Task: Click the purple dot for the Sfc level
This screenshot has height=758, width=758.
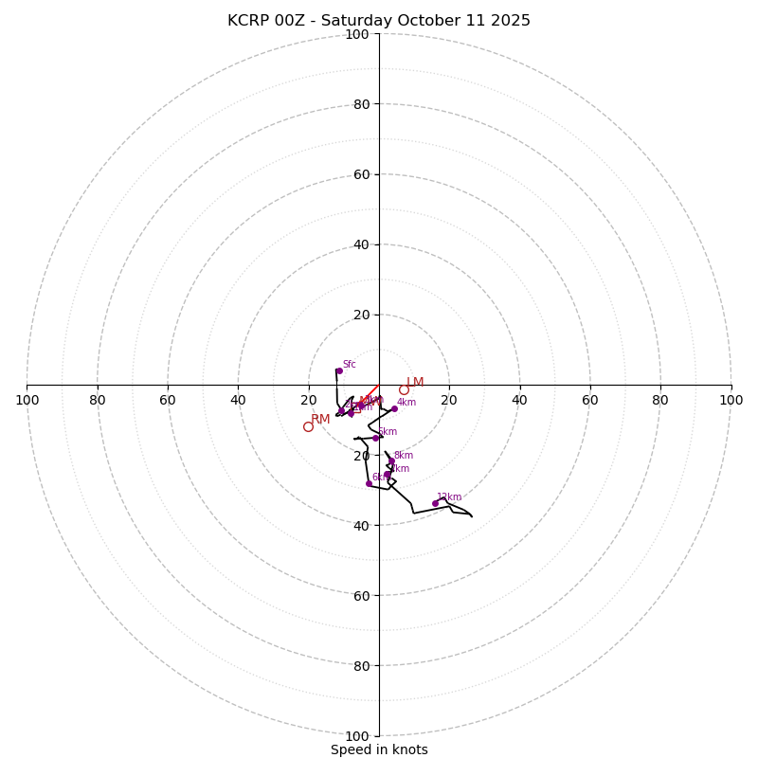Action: (x=338, y=370)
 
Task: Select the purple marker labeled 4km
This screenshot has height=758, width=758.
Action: (x=394, y=408)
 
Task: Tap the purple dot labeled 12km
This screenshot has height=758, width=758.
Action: (x=435, y=503)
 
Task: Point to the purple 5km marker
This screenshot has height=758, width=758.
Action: (x=375, y=438)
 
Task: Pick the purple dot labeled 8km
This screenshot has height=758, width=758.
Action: (x=390, y=461)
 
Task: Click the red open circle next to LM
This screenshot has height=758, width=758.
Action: (x=404, y=389)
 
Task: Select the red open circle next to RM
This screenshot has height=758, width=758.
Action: (x=308, y=426)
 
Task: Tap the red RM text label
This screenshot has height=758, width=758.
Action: (x=320, y=419)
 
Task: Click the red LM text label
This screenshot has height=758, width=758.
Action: (x=415, y=382)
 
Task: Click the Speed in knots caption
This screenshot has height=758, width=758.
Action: (x=379, y=749)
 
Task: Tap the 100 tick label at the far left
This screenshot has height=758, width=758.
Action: (x=27, y=400)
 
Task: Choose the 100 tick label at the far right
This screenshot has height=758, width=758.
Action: (x=731, y=400)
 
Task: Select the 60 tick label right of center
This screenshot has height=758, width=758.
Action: (x=589, y=400)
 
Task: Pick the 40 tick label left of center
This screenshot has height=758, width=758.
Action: (x=238, y=400)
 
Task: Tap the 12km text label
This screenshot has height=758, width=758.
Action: (x=449, y=496)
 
